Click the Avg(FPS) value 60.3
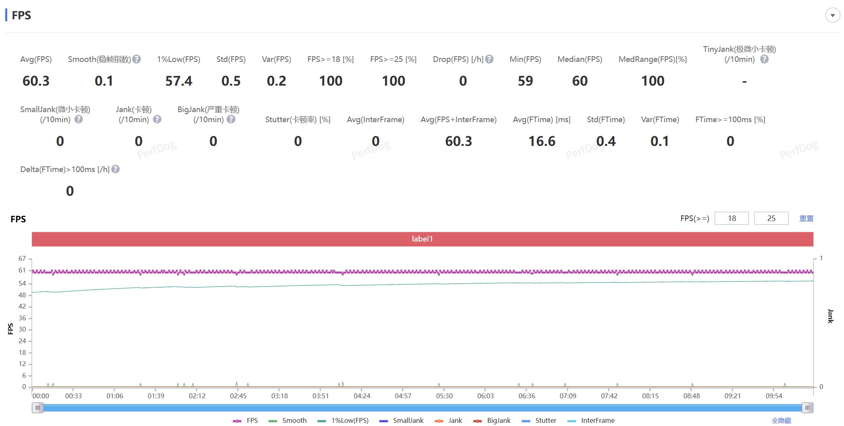coord(36,81)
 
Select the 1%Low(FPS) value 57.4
coord(179,81)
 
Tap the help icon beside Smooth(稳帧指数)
coord(137,59)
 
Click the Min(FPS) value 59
coord(525,81)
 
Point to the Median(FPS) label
coord(579,59)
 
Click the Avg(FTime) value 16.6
coord(542,141)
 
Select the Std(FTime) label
coord(605,119)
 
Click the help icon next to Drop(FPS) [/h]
coord(489,59)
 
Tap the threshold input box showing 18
coord(732,218)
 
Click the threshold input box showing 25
coord(771,218)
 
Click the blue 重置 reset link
coord(806,219)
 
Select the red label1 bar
coord(422,239)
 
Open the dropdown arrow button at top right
coord(832,15)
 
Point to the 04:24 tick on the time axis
coord(362,395)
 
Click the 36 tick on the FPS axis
coord(22,318)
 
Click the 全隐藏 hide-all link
coord(781,420)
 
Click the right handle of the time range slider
coord(807,408)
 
